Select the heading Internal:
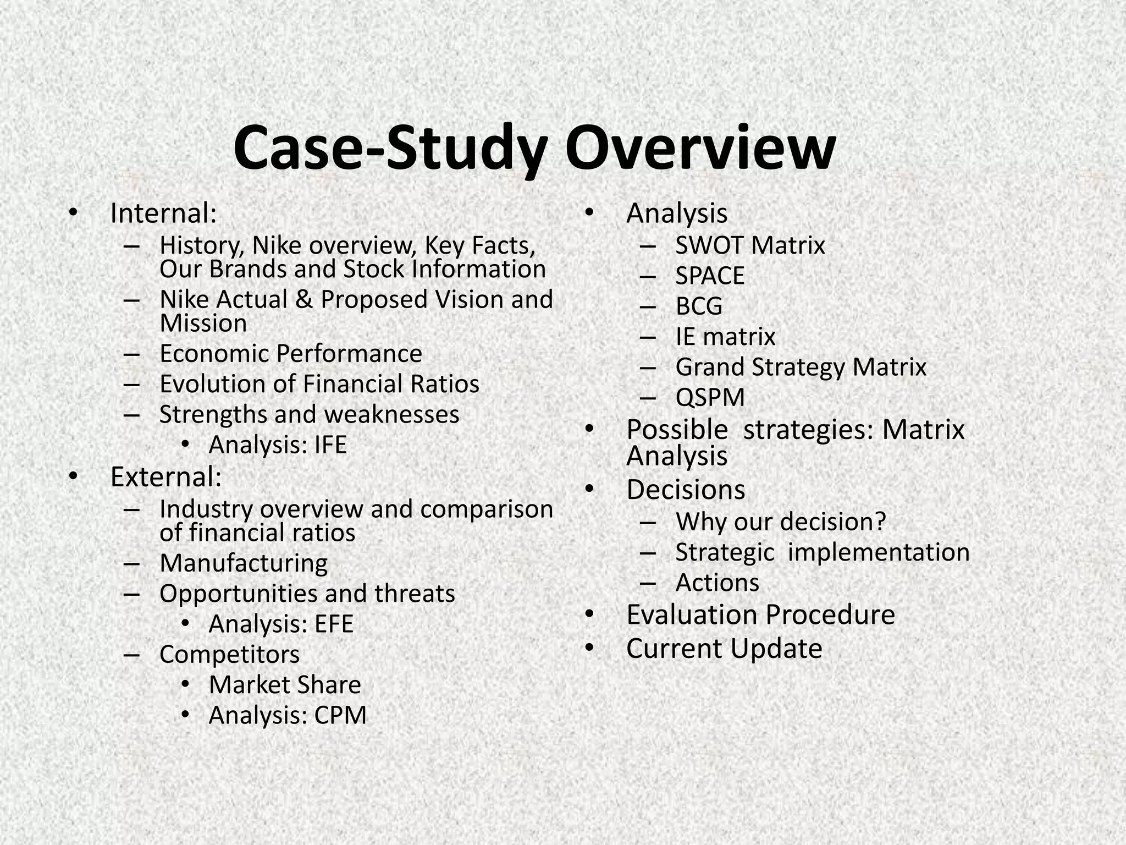click(163, 213)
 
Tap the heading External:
click(165, 477)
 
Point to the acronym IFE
click(330, 445)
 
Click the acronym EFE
click(334, 624)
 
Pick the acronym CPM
click(340, 716)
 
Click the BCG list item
click(699, 306)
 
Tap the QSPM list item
click(710, 398)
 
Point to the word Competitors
click(229, 655)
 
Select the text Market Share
click(285, 685)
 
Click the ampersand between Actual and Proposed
click(304, 300)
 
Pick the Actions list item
click(717, 583)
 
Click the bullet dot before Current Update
click(590, 648)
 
